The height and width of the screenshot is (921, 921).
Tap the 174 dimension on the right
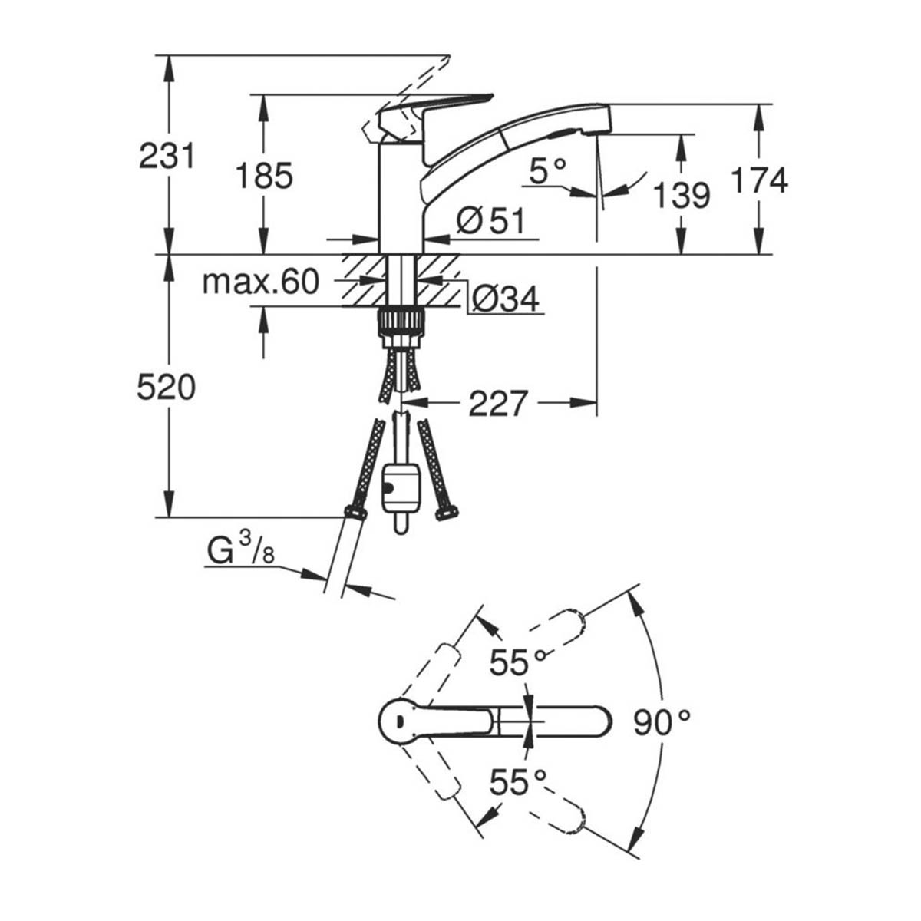pyautogui.click(x=759, y=181)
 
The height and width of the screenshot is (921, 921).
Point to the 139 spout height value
pyautogui.click(x=682, y=196)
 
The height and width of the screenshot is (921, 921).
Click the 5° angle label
pyautogui.click(x=548, y=170)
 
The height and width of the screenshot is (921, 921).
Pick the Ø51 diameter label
pyautogui.click(x=490, y=222)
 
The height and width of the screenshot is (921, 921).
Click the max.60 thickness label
pyautogui.click(x=259, y=282)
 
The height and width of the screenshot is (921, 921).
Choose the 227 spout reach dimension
pyautogui.click(x=499, y=403)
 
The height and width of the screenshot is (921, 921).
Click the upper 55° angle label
pyautogui.click(x=520, y=662)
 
